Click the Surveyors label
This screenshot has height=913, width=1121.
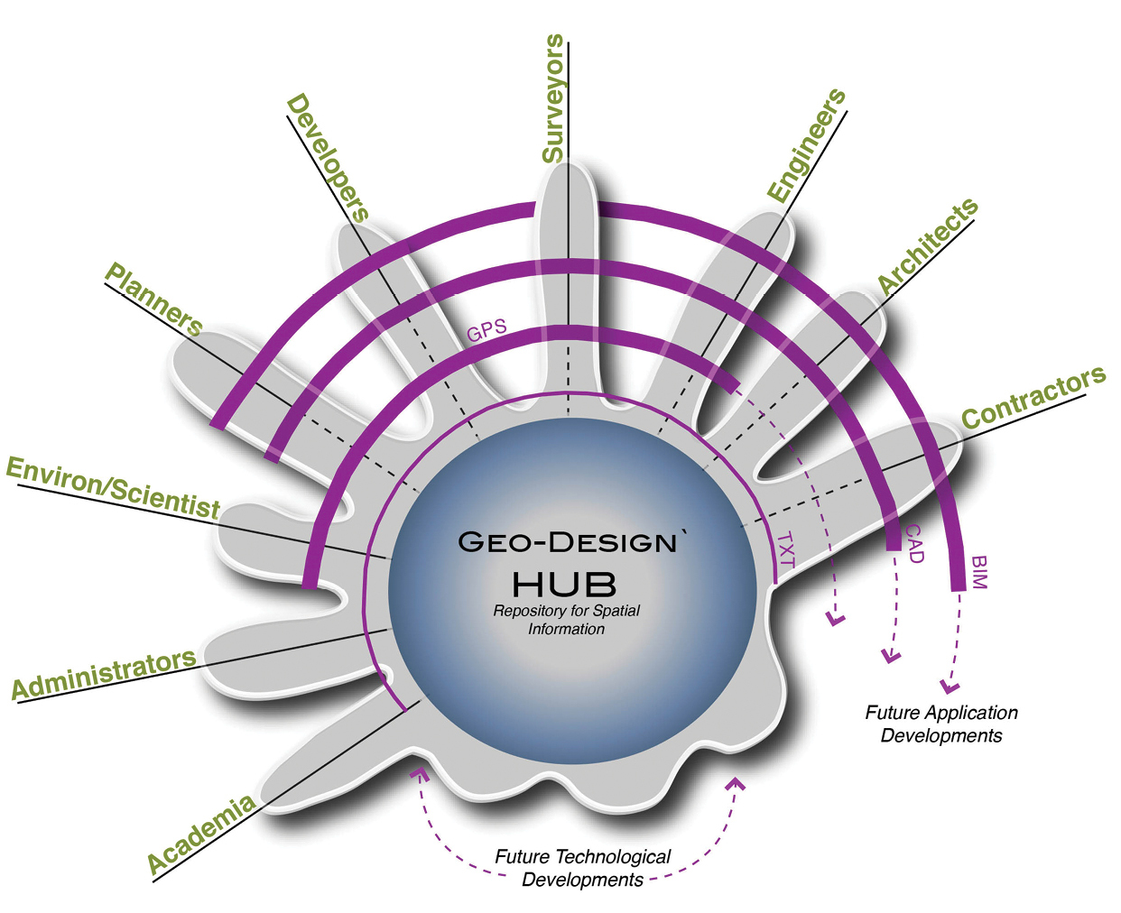[x=553, y=99]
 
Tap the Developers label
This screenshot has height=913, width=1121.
[x=327, y=157]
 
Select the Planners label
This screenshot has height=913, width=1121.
[x=153, y=299]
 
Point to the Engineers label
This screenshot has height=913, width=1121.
[x=806, y=144]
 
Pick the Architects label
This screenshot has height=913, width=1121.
[x=928, y=245]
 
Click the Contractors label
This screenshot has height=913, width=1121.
[x=1033, y=398]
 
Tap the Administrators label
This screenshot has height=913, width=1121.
[x=104, y=674]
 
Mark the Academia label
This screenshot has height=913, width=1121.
[x=200, y=835]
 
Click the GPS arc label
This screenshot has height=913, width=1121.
[x=486, y=331]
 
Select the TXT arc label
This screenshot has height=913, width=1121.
[x=786, y=550]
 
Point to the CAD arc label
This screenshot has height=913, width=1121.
[x=914, y=543]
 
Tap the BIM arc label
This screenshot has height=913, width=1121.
[x=979, y=572]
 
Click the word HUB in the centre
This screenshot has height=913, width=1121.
[x=564, y=585]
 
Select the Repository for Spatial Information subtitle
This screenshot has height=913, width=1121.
[x=566, y=620]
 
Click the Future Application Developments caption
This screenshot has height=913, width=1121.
[x=941, y=724]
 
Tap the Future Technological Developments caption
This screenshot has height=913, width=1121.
[x=582, y=868]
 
